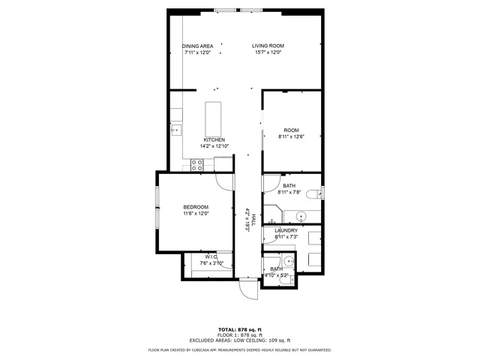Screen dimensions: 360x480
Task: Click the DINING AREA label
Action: (198, 46)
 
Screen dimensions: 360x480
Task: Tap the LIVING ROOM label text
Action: (268, 46)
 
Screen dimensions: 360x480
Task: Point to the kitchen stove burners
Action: (197, 165)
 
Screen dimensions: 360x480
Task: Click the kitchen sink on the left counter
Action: (175, 129)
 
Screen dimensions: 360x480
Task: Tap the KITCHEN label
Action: (214, 140)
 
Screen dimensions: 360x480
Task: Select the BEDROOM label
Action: (196, 207)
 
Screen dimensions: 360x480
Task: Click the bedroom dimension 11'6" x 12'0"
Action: (196, 214)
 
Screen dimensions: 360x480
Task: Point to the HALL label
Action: (254, 218)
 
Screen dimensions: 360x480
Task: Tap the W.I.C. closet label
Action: (211, 256)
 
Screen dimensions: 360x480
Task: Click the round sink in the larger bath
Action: (301, 217)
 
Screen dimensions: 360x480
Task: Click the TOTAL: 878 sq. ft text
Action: (239, 330)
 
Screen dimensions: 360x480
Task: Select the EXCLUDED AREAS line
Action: (239, 340)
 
